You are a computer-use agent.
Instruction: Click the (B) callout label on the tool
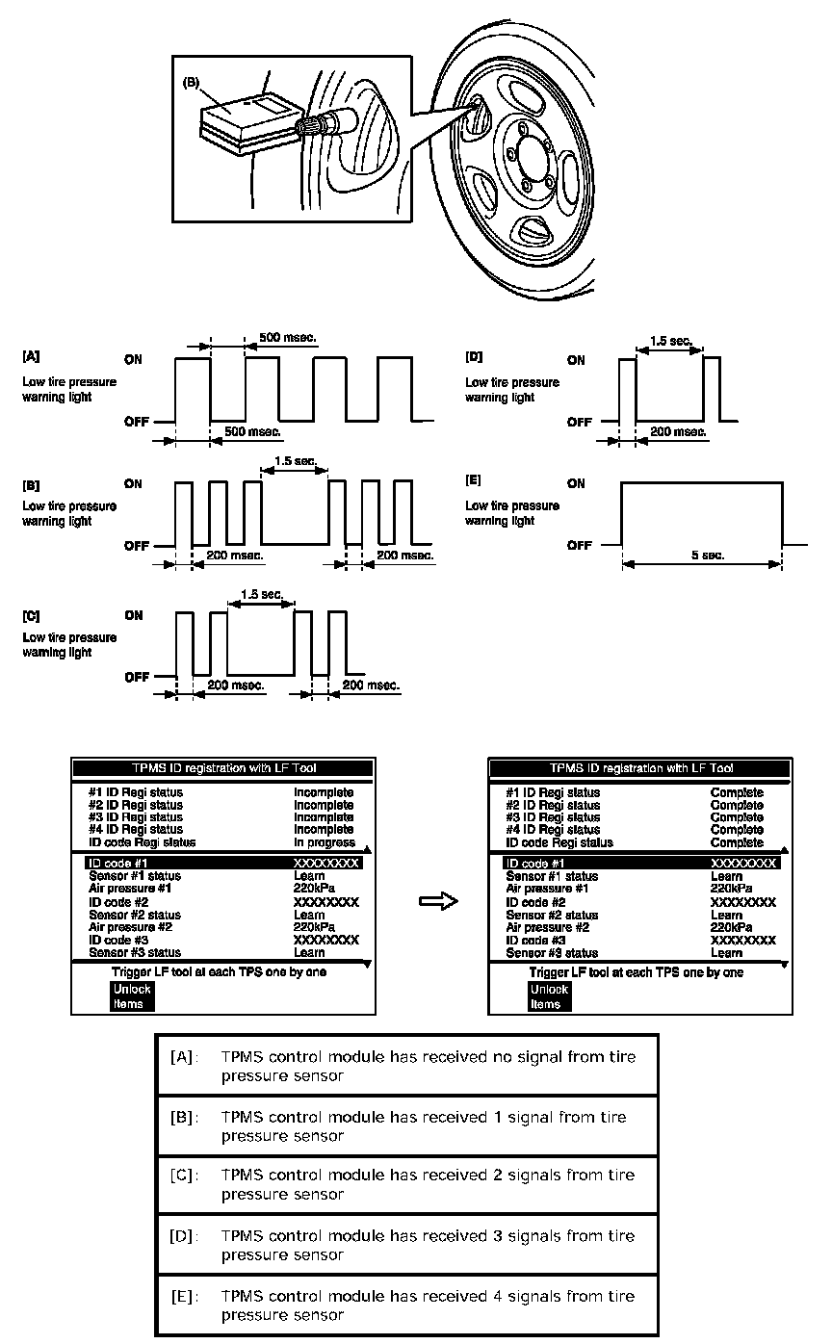click(x=191, y=84)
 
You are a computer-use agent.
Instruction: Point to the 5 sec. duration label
click(x=701, y=556)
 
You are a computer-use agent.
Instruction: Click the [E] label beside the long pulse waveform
click(x=474, y=479)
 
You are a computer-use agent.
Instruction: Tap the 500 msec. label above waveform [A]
click(x=288, y=338)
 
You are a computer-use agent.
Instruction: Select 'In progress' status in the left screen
click(x=325, y=841)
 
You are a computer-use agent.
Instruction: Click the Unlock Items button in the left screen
click(x=131, y=996)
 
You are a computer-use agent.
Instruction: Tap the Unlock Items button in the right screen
click(x=549, y=996)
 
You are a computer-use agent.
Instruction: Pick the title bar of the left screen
click(x=222, y=767)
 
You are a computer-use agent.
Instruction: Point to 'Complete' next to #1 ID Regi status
click(x=737, y=792)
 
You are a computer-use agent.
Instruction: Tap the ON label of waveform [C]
click(x=135, y=615)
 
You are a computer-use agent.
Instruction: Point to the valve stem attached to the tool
click(x=330, y=123)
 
